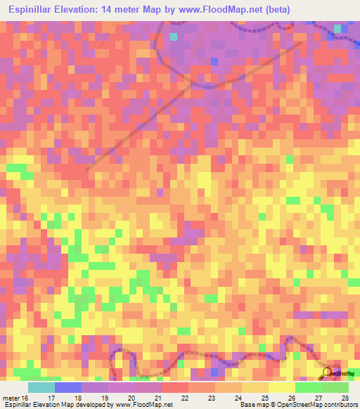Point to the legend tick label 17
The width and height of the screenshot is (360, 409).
click(51, 397)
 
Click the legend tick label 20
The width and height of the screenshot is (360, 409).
click(131, 397)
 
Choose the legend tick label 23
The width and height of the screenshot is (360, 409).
click(212, 397)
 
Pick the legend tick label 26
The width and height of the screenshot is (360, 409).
click(292, 397)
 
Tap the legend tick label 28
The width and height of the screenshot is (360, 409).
click(345, 397)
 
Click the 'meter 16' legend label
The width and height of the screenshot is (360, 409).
click(15, 397)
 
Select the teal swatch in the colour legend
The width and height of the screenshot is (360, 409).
click(41, 387)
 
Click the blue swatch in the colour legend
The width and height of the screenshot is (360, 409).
click(68, 387)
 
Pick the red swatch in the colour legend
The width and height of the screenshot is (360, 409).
click(175, 387)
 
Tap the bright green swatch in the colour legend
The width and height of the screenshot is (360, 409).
click(309, 387)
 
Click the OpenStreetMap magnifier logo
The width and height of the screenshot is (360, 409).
click(328, 373)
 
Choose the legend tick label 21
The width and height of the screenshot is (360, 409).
click(158, 397)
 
